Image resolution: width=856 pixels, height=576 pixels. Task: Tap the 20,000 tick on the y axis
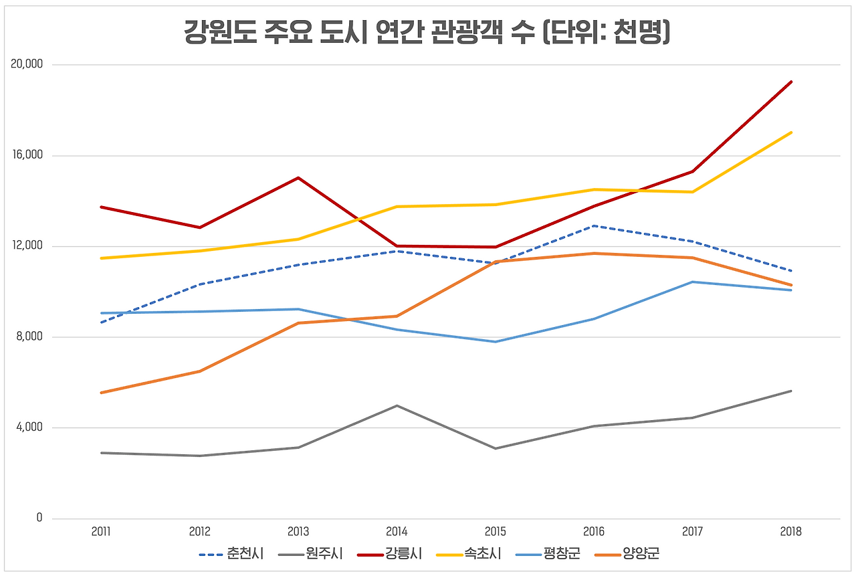click(x=27, y=65)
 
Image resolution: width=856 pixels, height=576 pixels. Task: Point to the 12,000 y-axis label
click(x=27, y=246)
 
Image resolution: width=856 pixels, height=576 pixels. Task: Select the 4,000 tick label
click(x=29, y=427)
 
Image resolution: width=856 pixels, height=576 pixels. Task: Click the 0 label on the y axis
click(x=39, y=518)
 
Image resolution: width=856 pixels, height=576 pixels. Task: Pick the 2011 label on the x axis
click(x=101, y=533)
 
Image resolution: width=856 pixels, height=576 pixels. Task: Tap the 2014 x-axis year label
click(x=397, y=533)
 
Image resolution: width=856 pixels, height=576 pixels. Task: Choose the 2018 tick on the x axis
click(x=790, y=533)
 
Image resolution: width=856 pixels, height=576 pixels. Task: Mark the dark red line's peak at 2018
click(x=791, y=82)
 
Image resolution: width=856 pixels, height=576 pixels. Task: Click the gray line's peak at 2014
click(x=397, y=405)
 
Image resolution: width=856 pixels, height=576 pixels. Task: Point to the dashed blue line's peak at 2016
click(x=594, y=226)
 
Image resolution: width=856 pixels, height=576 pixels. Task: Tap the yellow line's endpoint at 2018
click(x=791, y=132)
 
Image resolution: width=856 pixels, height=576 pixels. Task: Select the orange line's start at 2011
click(x=101, y=393)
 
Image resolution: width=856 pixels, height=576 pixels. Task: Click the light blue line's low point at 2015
click(x=496, y=342)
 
